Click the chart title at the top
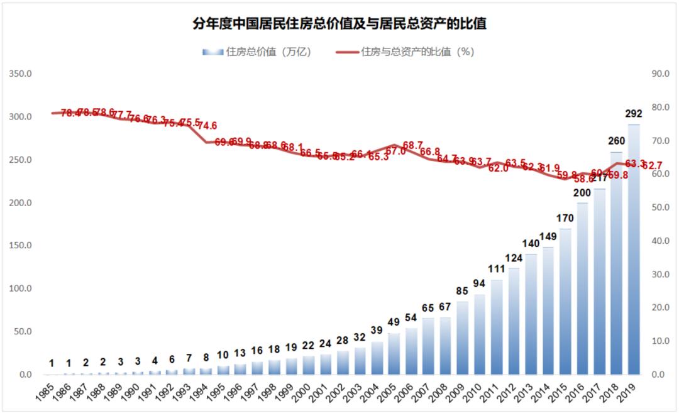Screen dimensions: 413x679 click(x=340, y=24)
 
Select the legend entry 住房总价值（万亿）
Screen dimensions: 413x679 click(x=258, y=52)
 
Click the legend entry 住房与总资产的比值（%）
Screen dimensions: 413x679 click(x=405, y=52)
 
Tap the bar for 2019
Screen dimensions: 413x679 click(x=634, y=251)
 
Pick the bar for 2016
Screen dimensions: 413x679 click(x=582, y=289)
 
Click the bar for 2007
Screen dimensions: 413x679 click(x=428, y=346)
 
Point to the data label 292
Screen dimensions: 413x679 click(x=633, y=114)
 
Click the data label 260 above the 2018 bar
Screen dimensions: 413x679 click(x=616, y=141)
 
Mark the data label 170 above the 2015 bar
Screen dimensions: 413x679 click(x=565, y=219)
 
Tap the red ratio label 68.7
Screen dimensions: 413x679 click(x=413, y=145)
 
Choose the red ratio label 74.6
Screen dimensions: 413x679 click(x=207, y=125)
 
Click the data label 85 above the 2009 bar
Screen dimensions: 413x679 click(x=462, y=291)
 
